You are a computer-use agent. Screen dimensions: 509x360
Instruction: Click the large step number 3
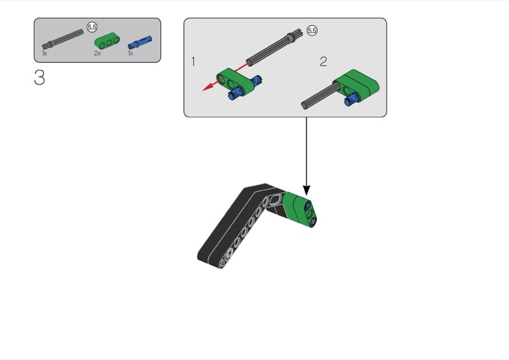(39, 78)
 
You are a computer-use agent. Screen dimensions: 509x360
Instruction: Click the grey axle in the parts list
(62, 39)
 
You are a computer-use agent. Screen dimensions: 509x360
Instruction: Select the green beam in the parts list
(107, 41)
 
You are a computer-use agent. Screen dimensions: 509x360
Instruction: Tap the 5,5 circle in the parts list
(92, 27)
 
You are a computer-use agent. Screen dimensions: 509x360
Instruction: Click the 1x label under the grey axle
(45, 53)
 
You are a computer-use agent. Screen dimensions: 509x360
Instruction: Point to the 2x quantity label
(97, 53)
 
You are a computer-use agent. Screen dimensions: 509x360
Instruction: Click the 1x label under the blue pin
(130, 53)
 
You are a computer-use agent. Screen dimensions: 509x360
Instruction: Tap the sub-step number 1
(193, 61)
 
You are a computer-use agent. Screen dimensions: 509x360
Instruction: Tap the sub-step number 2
(323, 61)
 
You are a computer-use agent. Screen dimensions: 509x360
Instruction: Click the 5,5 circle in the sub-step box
(312, 31)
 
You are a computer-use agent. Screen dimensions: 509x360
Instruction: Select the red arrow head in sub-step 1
(208, 87)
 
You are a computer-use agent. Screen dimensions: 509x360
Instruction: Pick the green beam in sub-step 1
(235, 80)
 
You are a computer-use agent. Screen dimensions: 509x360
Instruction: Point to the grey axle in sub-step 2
(320, 95)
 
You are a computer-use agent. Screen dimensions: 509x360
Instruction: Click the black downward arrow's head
(307, 191)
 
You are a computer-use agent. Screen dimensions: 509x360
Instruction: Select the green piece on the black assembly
(298, 209)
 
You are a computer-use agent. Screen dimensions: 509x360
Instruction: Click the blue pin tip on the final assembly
(307, 206)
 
